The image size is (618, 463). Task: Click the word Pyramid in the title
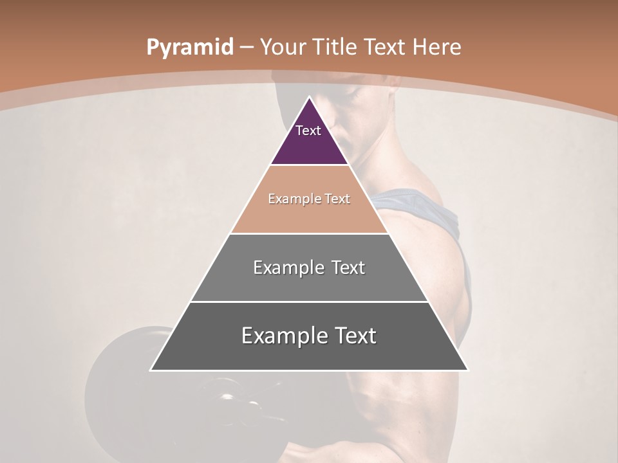tap(189, 48)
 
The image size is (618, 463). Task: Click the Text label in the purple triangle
tap(308, 131)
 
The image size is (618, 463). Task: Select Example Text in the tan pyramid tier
tap(309, 199)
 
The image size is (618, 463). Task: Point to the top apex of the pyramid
tap(309, 98)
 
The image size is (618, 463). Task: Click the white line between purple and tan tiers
tap(309, 165)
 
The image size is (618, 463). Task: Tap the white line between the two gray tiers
tap(309, 302)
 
